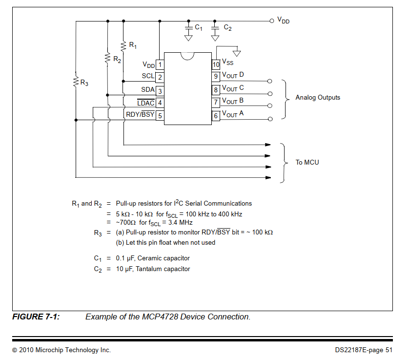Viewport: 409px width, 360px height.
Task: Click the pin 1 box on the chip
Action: click(160, 64)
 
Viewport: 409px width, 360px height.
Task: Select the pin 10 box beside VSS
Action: click(216, 64)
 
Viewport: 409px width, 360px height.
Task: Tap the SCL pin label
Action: click(148, 76)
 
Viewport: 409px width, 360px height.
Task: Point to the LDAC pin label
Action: click(145, 103)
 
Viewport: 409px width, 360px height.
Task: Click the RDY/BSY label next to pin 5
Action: click(140, 115)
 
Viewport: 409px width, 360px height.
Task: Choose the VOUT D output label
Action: click(233, 75)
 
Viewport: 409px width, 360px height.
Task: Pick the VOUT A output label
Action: click(233, 114)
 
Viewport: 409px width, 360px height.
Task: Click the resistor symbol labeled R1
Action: click(123, 46)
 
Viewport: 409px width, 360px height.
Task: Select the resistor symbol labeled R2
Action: click(107, 59)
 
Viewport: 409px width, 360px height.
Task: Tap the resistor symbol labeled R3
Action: click(76, 82)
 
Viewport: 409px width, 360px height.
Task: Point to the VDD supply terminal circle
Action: click(272, 21)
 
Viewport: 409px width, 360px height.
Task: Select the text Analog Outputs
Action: click(318, 98)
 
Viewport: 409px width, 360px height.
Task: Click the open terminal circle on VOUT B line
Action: click(269, 106)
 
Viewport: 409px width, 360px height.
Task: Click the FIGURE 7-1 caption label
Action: click(36, 317)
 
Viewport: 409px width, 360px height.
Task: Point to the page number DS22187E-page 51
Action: click(364, 350)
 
